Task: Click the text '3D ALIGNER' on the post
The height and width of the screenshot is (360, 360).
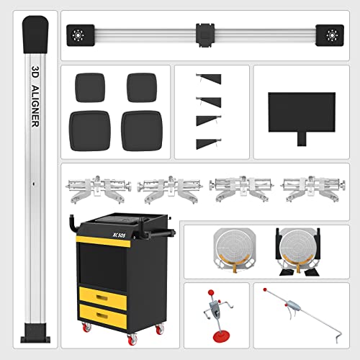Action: (x=35, y=96)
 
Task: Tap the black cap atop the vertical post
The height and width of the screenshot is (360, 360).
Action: (x=35, y=32)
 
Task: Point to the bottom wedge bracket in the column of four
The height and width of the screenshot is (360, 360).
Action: (x=208, y=142)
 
